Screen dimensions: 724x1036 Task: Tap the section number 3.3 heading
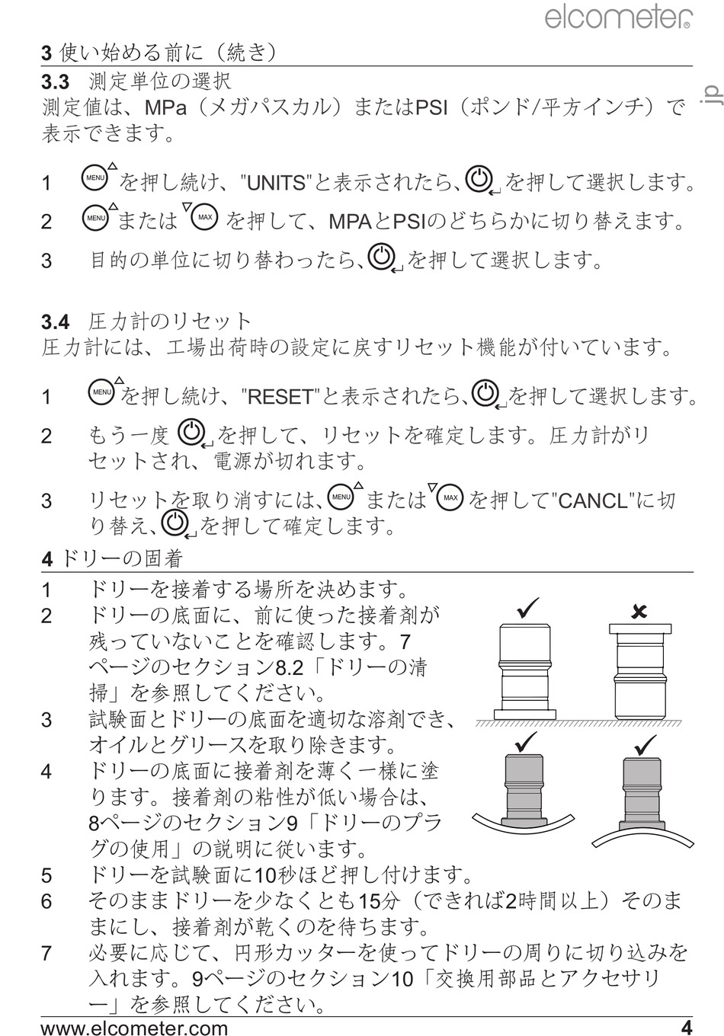55,82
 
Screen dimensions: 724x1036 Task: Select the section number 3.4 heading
55,322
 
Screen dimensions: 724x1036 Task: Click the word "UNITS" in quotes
277,184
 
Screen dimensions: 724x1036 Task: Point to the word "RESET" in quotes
280,396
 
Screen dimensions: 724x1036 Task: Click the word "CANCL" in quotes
594,500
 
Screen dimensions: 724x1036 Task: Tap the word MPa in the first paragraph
165,108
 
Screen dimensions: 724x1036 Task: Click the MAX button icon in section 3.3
204,216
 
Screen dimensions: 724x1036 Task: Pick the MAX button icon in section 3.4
450,497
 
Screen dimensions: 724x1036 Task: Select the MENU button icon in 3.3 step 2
95,218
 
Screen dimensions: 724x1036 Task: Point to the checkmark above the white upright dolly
527,608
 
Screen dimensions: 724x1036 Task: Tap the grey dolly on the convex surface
642,795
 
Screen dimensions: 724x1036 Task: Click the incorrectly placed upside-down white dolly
640,672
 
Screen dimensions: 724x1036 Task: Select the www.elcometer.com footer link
134,1027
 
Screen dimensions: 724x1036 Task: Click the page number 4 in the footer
687,1027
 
